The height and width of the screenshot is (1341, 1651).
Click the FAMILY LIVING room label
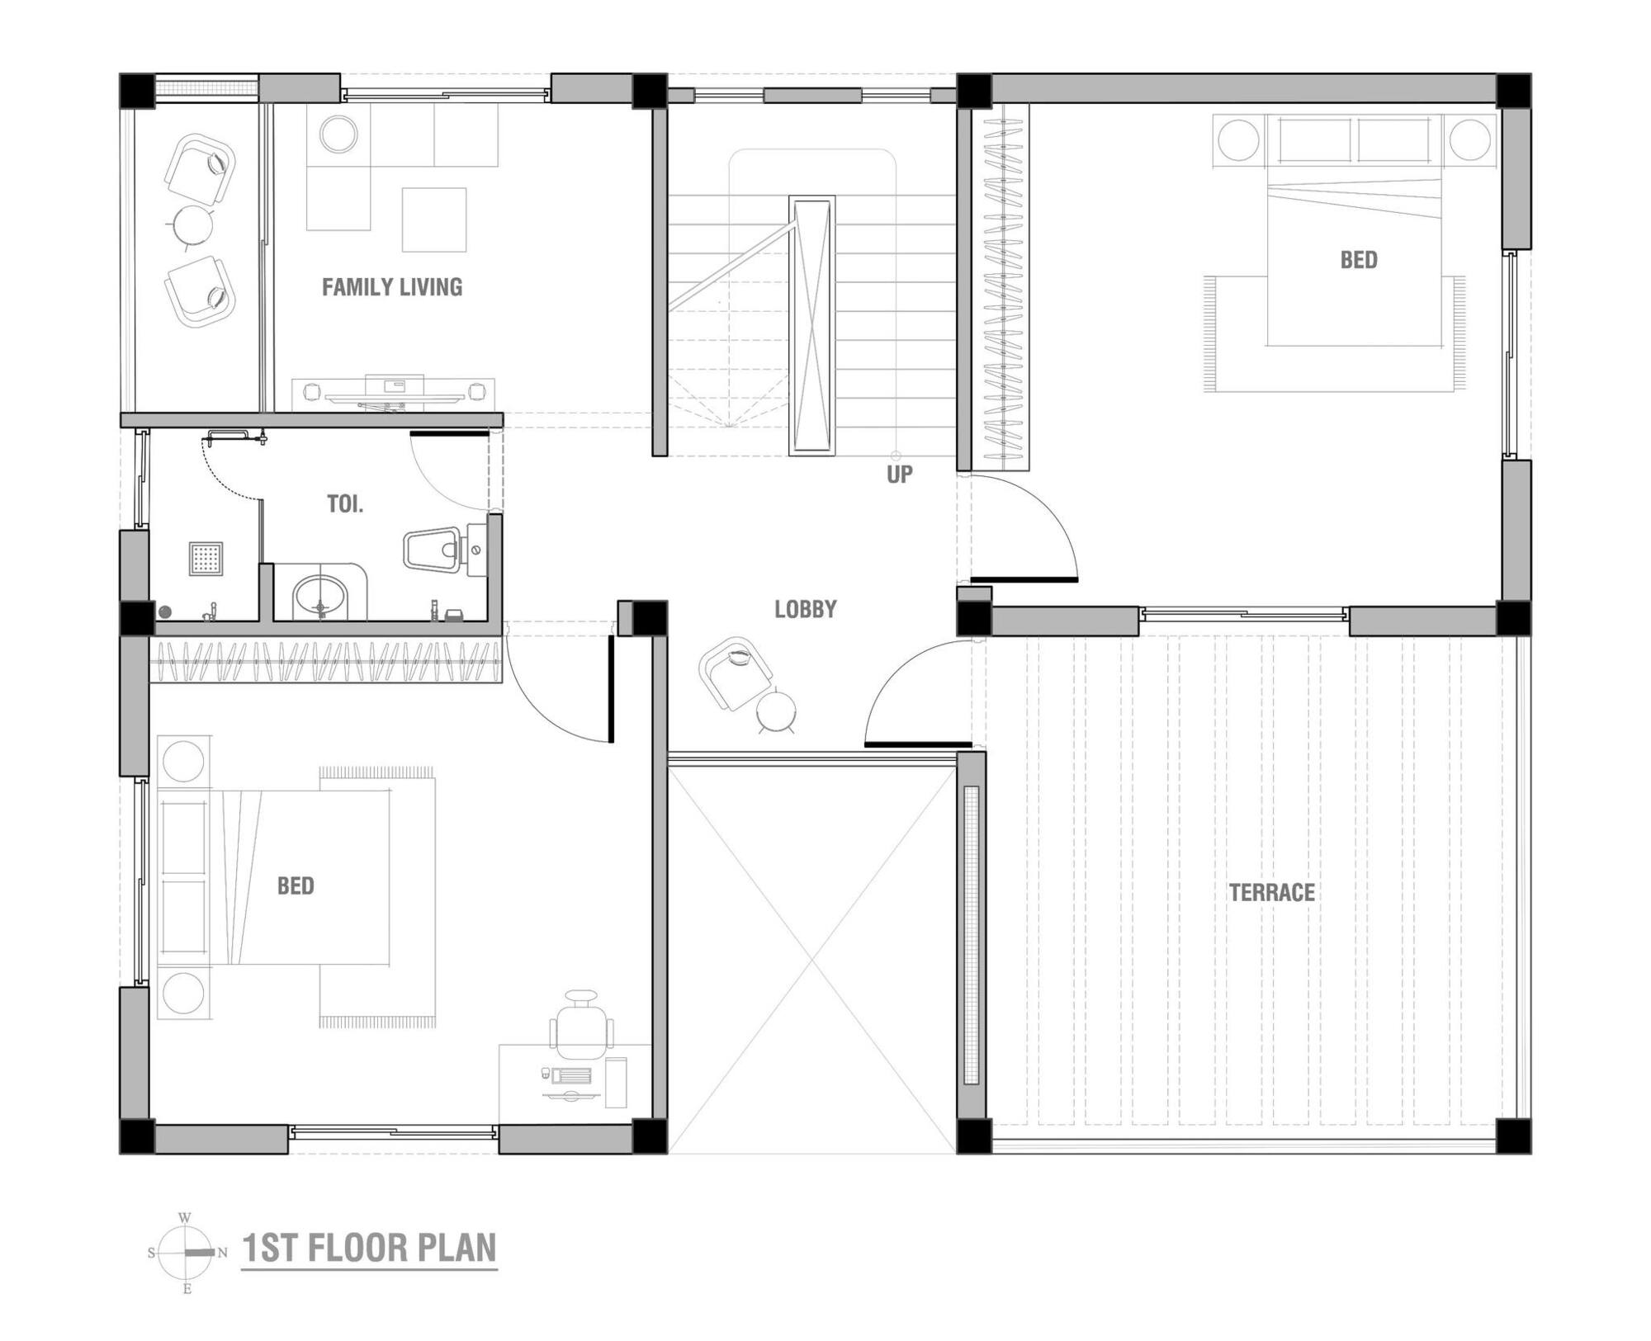click(x=391, y=287)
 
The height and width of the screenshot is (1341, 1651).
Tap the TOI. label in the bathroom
click(x=344, y=504)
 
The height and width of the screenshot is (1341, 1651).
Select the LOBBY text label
click(x=805, y=609)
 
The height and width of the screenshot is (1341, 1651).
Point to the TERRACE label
click(x=1271, y=892)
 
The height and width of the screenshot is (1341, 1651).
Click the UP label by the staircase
click(x=899, y=475)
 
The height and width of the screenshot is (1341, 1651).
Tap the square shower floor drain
click(x=206, y=559)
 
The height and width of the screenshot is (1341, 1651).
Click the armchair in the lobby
click(x=735, y=671)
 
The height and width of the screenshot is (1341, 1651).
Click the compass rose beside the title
click(x=187, y=1252)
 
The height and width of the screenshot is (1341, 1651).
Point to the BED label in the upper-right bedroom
click(x=1358, y=260)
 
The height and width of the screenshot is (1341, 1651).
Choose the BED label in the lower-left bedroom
click(x=295, y=886)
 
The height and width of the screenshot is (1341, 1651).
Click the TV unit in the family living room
click(x=394, y=394)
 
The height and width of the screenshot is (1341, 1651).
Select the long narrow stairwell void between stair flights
click(x=811, y=325)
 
